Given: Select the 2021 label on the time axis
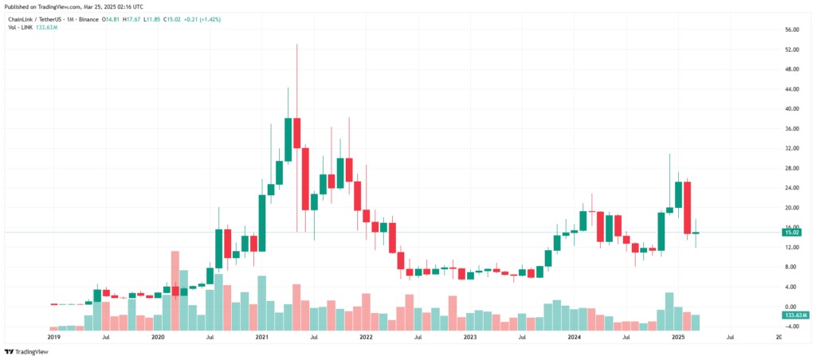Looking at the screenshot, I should (x=262, y=338).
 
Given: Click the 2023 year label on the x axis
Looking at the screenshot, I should (x=470, y=338).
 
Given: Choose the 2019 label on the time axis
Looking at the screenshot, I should (x=54, y=338).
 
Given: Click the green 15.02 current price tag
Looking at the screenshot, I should (x=792, y=233).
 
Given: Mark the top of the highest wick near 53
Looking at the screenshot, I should (x=297, y=45).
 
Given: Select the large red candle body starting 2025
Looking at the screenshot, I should (x=687, y=208).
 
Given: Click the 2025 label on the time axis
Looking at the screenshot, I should (x=678, y=338).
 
